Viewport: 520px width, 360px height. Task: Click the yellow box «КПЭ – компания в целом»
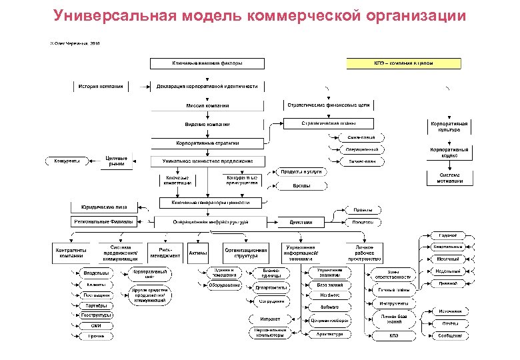[x=403, y=63]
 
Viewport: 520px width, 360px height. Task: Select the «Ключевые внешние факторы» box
[x=207, y=63]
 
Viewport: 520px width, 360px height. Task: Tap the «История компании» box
[x=101, y=87]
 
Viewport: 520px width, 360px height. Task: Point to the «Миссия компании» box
[x=207, y=106]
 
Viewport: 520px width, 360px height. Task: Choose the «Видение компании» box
[x=207, y=125]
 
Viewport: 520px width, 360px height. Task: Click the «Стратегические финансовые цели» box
[x=328, y=105]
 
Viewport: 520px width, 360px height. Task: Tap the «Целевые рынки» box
[x=117, y=161]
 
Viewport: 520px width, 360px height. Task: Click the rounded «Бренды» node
[x=301, y=186]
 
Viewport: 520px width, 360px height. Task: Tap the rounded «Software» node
[x=329, y=307]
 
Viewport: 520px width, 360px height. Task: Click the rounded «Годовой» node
[x=447, y=235]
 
